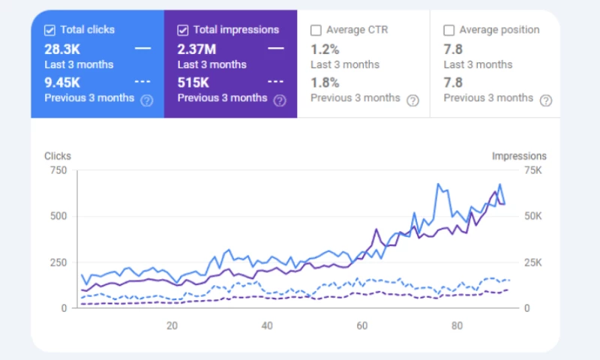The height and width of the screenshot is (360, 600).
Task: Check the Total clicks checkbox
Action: coord(49,31)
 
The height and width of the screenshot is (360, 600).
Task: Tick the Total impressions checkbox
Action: coord(183,31)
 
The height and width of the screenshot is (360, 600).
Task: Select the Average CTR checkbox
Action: coord(316,31)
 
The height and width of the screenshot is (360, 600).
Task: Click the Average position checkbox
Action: coord(449,31)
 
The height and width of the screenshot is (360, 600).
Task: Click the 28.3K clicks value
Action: coord(64,49)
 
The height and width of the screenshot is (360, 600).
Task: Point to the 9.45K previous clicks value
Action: coord(64,82)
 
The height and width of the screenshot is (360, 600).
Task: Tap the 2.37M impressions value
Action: coord(197,49)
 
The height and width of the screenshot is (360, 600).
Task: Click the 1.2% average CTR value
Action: coord(325,49)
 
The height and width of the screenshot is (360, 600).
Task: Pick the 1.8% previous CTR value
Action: coord(325,82)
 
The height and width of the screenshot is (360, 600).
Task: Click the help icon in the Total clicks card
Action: coord(147,100)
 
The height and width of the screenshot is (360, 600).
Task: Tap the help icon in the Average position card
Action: coord(546,100)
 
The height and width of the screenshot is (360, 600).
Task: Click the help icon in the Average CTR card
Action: coord(412,100)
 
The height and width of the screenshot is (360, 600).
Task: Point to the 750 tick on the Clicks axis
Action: coord(58,170)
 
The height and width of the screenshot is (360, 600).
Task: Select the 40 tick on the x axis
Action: coord(267,325)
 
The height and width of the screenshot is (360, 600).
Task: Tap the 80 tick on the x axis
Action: coord(457,325)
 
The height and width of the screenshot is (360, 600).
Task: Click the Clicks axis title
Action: coord(58,156)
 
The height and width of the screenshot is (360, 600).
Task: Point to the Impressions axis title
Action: coord(519,156)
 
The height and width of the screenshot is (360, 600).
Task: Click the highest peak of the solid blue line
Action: coord(437,183)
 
